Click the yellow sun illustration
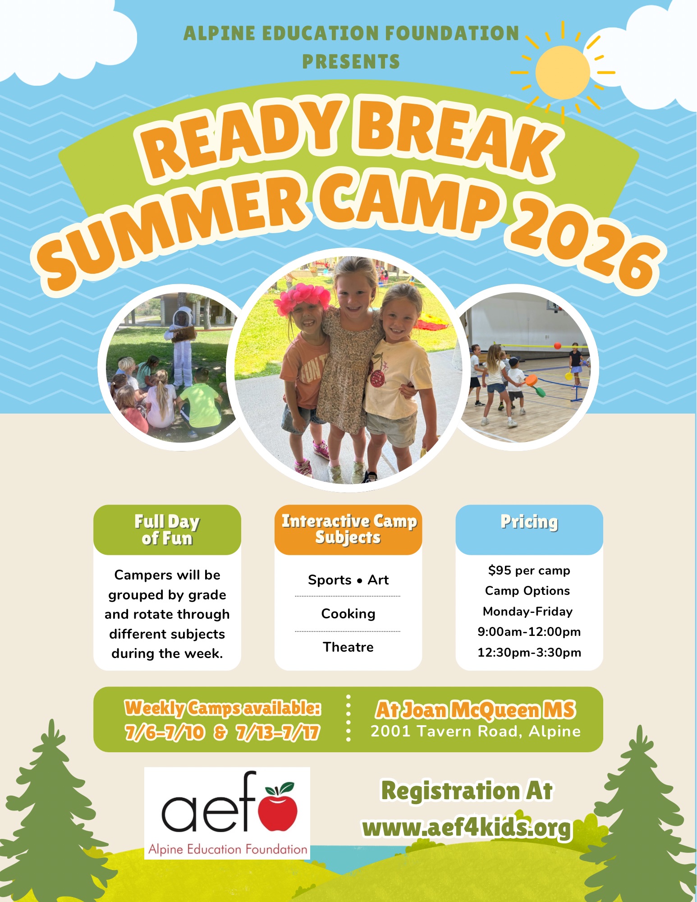563,72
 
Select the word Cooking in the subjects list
348,614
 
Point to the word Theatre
348,647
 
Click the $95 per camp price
529,571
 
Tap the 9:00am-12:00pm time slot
529,632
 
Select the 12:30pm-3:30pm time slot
529,653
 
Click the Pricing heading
529,522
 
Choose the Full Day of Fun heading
167,530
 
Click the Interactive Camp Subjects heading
348,529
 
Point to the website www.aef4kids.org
467,828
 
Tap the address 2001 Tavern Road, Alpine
476,732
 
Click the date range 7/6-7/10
165,732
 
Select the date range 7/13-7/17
278,732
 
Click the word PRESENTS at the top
351,62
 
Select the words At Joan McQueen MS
476,710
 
